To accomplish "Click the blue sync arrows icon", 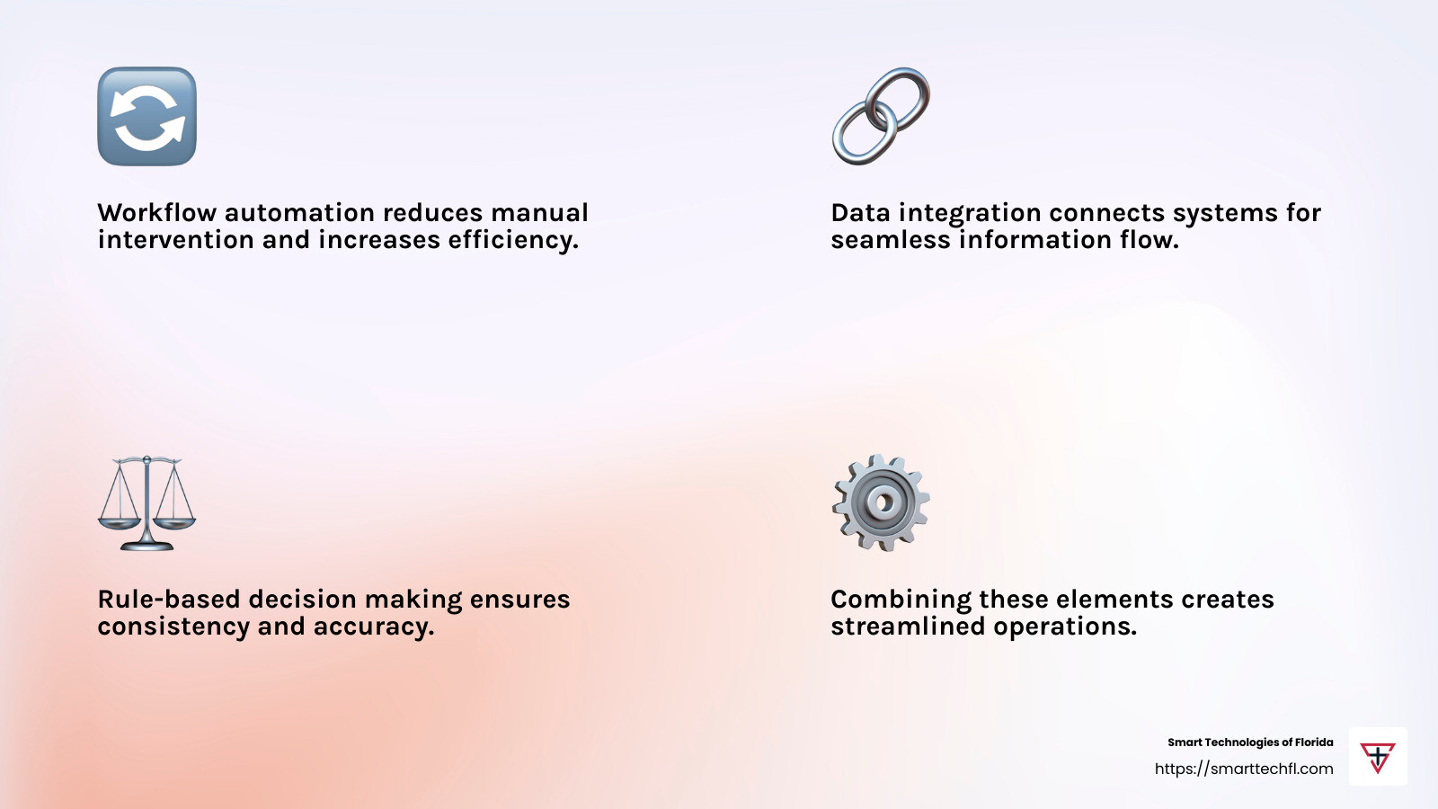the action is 147,116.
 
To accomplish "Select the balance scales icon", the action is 147,503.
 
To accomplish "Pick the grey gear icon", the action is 881,502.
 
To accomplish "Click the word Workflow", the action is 156,212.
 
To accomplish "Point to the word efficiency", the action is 513,240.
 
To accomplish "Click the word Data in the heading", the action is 860,212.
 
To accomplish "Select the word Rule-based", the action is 169,599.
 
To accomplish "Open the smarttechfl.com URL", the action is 1244,769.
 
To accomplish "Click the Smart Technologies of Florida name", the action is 1250,742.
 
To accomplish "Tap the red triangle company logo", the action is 1378,757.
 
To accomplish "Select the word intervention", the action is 175,240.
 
